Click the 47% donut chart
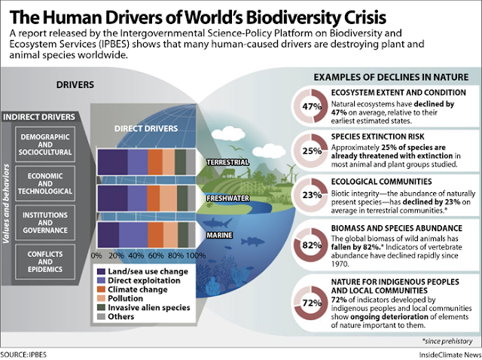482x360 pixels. tap(307, 105)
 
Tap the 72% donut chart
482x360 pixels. tap(307, 303)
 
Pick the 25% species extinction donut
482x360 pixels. tap(307, 150)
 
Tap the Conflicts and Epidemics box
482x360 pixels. tap(52, 258)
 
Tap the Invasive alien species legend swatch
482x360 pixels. tap(104, 308)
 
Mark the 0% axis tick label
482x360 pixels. tap(96, 256)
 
